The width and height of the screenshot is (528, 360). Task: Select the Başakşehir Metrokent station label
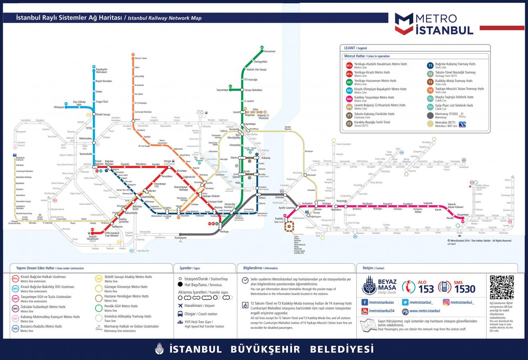(x=102, y=71)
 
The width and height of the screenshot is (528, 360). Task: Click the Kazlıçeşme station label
(x=181, y=238)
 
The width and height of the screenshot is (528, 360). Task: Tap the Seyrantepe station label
(x=222, y=90)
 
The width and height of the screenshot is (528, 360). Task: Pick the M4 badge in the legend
(x=349, y=99)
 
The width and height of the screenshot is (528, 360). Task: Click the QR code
(x=501, y=288)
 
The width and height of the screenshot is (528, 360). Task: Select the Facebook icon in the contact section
(x=364, y=302)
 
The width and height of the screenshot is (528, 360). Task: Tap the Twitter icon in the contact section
(x=405, y=302)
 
